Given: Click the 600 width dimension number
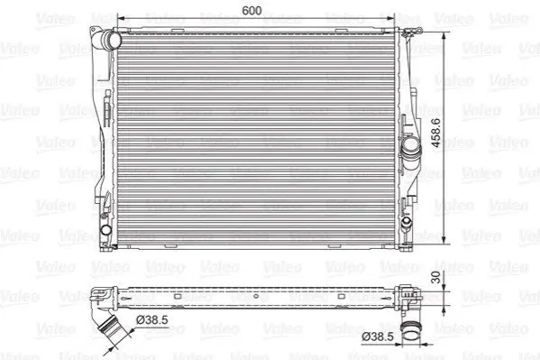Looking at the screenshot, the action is point(252,11).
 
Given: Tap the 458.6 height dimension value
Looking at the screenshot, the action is point(435,133).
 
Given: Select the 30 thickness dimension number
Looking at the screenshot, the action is point(436,277).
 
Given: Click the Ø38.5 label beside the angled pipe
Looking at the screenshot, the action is point(152,320).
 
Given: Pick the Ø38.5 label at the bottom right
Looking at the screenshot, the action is point(378,337).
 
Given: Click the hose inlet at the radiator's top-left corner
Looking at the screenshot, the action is point(111,41).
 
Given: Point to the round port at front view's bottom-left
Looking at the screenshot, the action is point(105,230).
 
